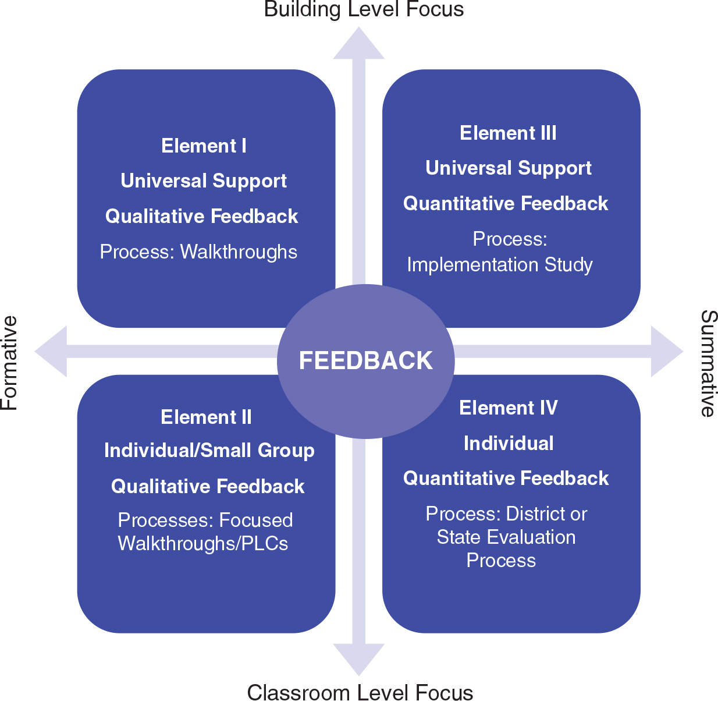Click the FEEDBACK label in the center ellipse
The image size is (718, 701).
pos(365,360)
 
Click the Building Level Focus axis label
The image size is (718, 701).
pos(364,9)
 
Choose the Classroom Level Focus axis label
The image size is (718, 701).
pos(360,692)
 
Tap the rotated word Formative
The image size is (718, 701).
pos(10,362)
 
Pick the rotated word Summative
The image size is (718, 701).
pos(708,363)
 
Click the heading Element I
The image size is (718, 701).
pos(204,146)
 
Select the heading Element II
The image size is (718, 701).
pos(206,417)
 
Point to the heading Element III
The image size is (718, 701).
pos(508,133)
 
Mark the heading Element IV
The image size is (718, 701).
pos(508,408)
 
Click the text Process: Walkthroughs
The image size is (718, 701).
pos(198,252)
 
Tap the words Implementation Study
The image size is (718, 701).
pos(500,265)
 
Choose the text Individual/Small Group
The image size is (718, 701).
pos(209,451)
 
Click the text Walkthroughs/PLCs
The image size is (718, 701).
pos(202,543)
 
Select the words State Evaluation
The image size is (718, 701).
pos(506,537)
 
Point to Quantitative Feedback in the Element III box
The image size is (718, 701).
pos(506,203)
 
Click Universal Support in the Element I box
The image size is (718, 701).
pos(203,181)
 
